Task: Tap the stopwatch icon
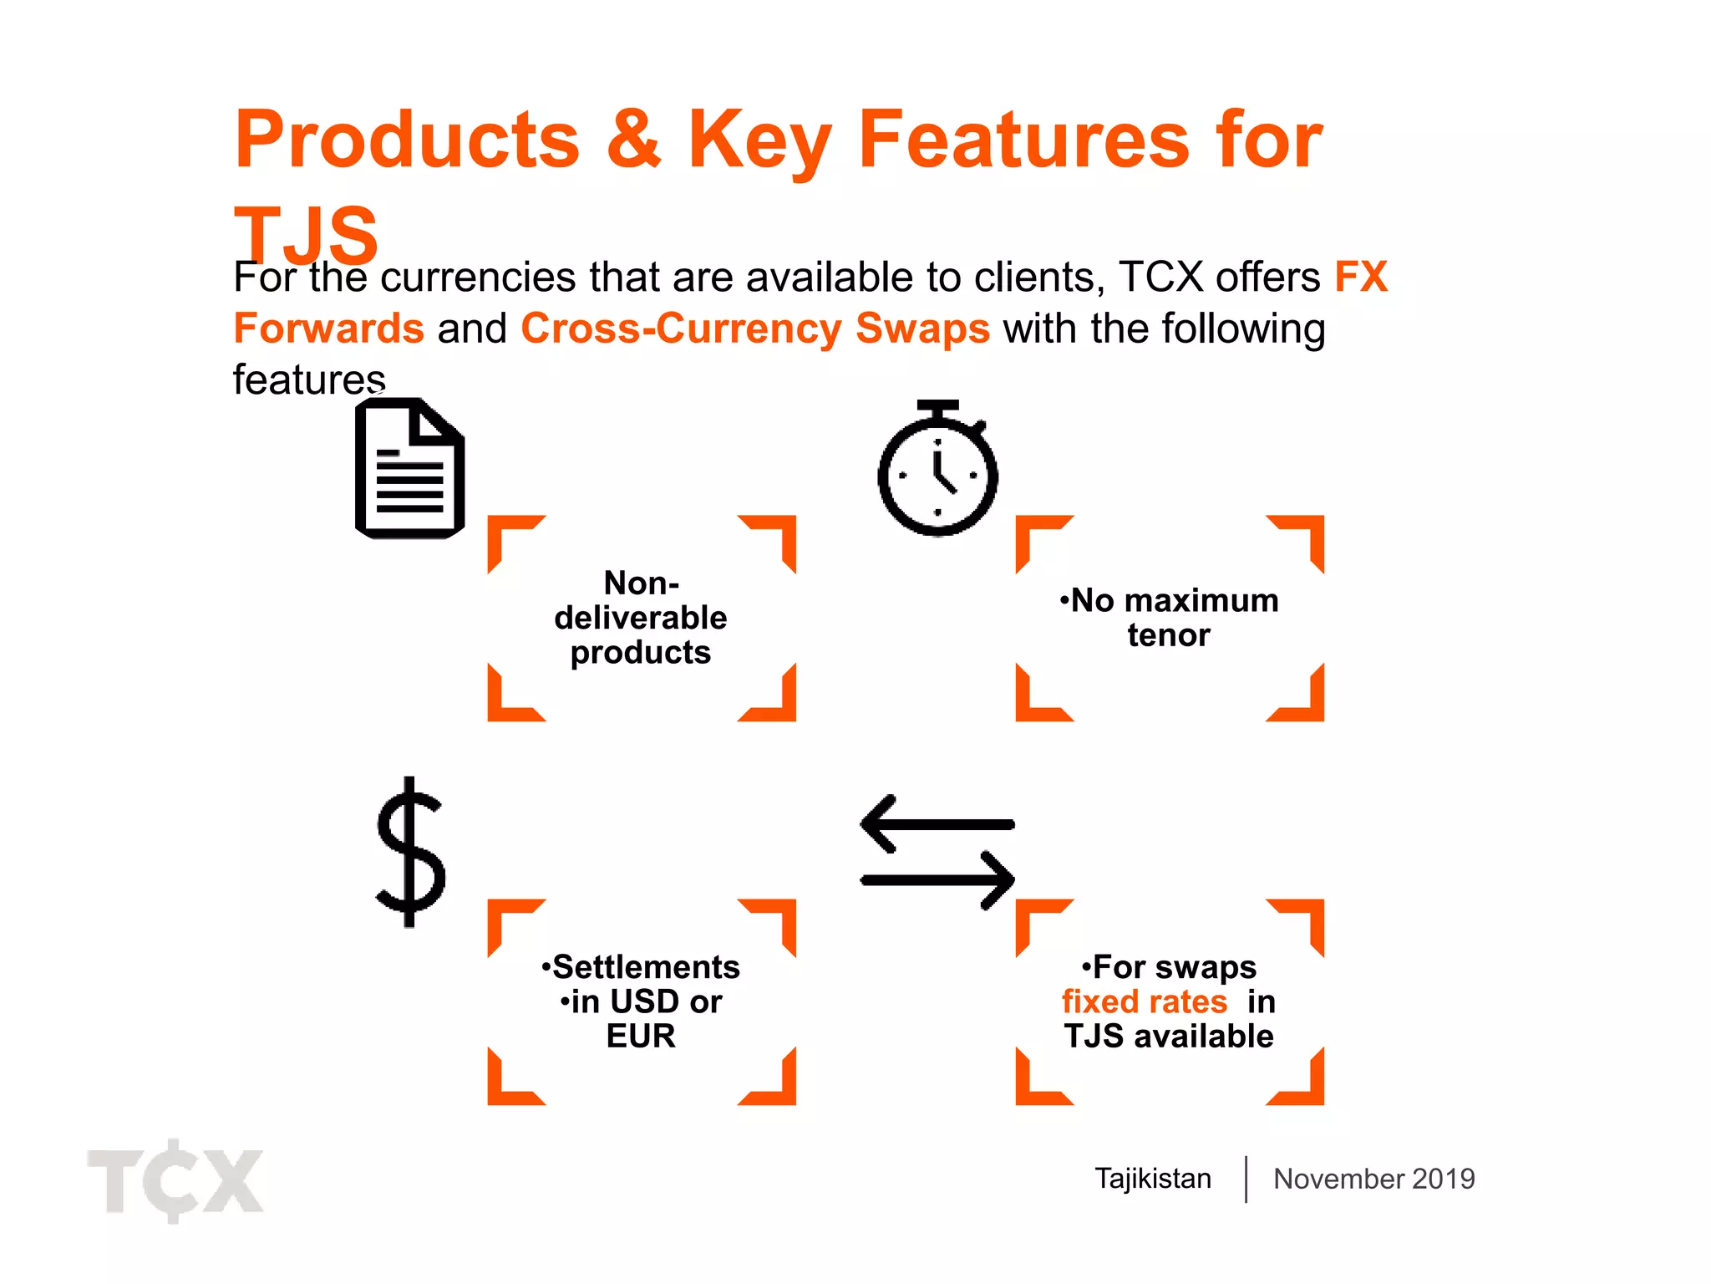(937, 470)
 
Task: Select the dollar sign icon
(409, 853)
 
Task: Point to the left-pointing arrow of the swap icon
(936, 824)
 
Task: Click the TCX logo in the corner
(175, 1180)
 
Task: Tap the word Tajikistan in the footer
(1153, 1179)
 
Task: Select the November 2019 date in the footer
(1373, 1179)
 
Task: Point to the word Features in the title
(1023, 140)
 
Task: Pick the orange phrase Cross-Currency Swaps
(755, 329)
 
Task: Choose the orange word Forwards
(328, 329)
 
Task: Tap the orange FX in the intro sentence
(1361, 277)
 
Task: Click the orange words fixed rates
(1144, 1001)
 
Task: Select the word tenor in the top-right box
(1168, 635)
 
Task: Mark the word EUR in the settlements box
(641, 1037)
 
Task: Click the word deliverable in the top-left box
(641, 618)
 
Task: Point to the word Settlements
(646, 967)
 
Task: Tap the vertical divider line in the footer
(1246, 1179)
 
